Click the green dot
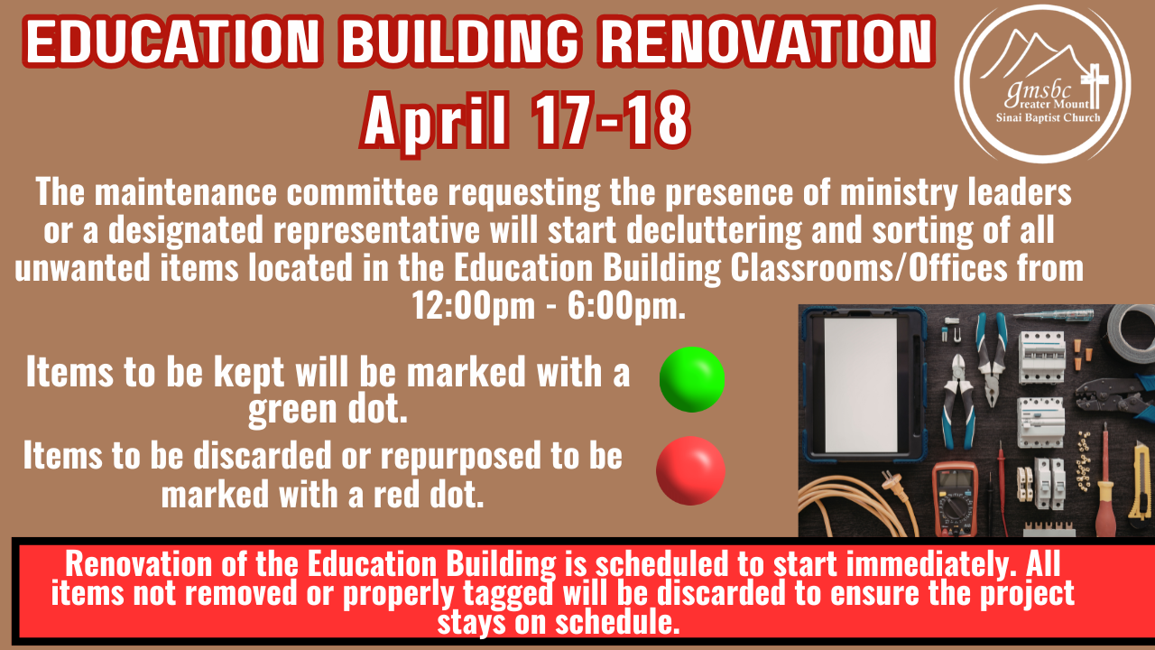click(692, 379)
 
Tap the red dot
click(690, 470)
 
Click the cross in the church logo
click(1096, 85)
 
